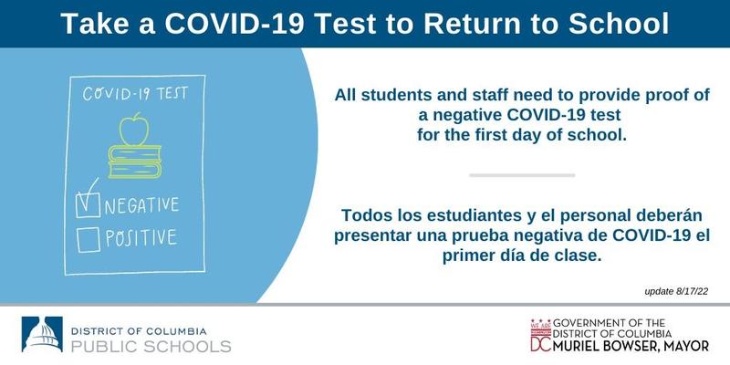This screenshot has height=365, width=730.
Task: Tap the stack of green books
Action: (135, 162)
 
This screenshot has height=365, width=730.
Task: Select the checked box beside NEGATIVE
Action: (88, 204)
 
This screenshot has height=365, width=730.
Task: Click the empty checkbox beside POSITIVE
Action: (89, 240)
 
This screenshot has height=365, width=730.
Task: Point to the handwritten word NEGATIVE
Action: (141, 204)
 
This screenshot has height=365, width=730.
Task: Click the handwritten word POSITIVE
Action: (141, 237)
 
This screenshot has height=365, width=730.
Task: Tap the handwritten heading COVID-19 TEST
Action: (135, 93)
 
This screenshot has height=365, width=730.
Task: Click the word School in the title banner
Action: (619, 24)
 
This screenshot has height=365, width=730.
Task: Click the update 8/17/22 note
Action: (676, 292)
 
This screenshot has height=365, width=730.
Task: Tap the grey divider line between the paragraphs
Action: (522, 175)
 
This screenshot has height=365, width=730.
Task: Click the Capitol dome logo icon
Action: (42, 334)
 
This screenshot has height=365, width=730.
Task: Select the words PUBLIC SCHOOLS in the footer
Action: (151, 347)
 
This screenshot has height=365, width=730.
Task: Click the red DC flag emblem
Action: (540, 335)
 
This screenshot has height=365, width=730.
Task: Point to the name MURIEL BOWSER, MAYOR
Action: (631, 346)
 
